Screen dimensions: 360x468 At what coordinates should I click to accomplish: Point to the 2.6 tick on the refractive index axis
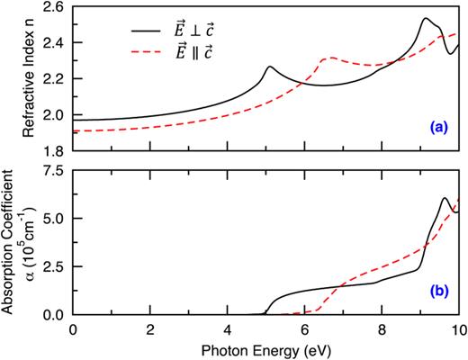coord(54,6)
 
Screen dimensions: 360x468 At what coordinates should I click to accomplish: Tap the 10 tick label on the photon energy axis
coord(457,328)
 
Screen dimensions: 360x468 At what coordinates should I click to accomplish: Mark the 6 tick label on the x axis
coord(304,328)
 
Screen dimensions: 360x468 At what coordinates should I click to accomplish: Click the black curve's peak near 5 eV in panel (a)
coord(269,67)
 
